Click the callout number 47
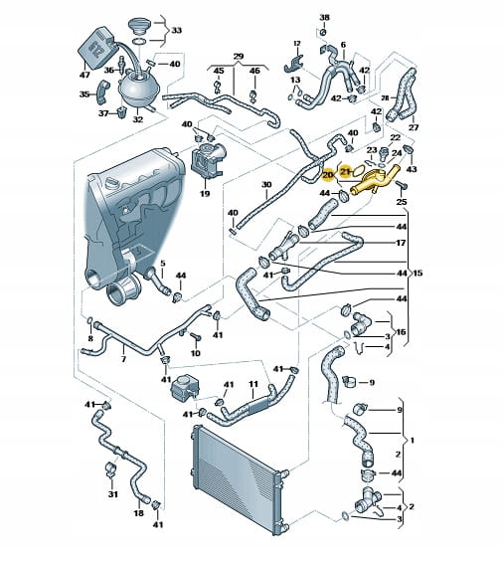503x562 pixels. [x=84, y=75]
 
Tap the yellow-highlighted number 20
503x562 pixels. [x=327, y=175]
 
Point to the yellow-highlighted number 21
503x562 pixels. [x=345, y=172]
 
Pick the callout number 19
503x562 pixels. [x=205, y=194]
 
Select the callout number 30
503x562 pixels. [x=266, y=185]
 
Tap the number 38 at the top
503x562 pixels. [x=324, y=17]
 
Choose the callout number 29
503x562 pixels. [x=239, y=57]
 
